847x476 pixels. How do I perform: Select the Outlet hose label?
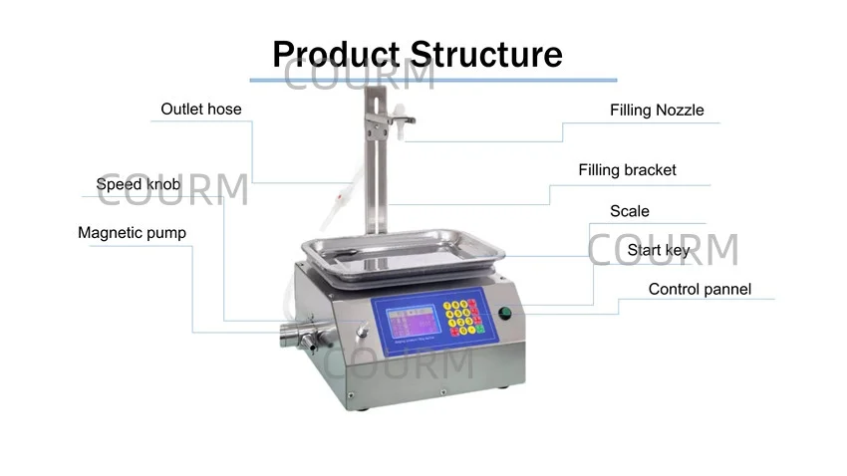(201, 109)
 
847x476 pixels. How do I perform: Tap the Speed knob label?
(139, 184)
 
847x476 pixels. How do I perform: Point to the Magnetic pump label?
(132, 233)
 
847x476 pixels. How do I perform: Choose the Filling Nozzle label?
(657, 111)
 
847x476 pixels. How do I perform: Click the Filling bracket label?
(627, 170)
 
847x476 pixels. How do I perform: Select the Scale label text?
(629, 211)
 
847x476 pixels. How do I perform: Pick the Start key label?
(658, 250)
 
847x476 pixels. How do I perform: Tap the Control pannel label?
(700, 290)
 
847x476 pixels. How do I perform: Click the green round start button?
(504, 314)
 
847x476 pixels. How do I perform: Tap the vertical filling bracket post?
(376, 169)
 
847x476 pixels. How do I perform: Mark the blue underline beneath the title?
(432, 80)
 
